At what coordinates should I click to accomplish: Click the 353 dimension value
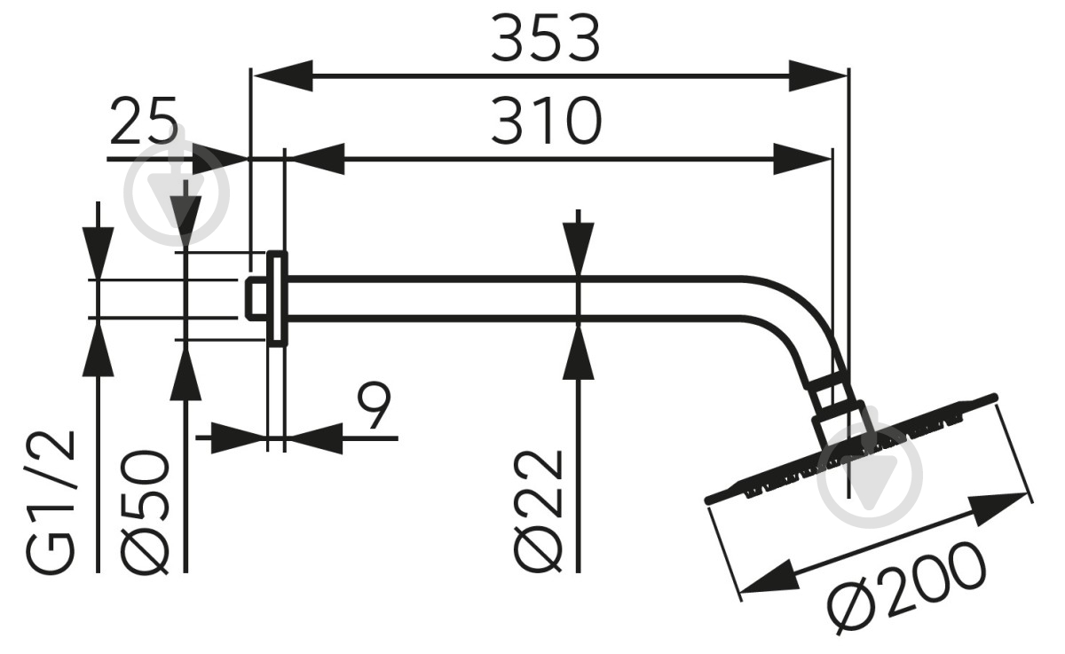pyautogui.click(x=545, y=38)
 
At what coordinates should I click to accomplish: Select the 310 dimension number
pyautogui.click(x=547, y=121)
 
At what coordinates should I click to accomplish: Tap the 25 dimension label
pyautogui.click(x=144, y=121)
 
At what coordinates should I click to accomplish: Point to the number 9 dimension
pyautogui.click(x=375, y=406)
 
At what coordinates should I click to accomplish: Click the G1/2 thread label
pyautogui.click(x=51, y=502)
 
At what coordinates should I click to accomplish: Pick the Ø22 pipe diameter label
pyautogui.click(x=538, y=511)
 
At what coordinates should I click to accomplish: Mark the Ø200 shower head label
pyautogui.click(x=906, y=588)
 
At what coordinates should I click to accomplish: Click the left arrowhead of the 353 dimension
pyautogui.click(x=282, y=75)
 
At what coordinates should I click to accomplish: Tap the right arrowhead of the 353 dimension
pyautogui.click(x=818, y=75)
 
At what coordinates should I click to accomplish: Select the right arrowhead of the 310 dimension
pyautogui.click(x=802, y=159)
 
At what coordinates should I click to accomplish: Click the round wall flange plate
pyautogui.click(x=277, y=298)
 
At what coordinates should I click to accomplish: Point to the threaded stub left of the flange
pyautogui.click(x=256, y=299)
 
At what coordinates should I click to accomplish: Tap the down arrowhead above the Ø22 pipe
pyautogui.click(x=578, y=249)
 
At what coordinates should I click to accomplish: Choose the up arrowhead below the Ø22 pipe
pyautogui.click(x=578, y=352)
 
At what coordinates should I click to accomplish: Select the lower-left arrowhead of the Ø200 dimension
pyautogui.click(x=769, y=577)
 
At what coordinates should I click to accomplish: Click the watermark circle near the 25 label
pyautogui.click(x=177, y=193)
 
